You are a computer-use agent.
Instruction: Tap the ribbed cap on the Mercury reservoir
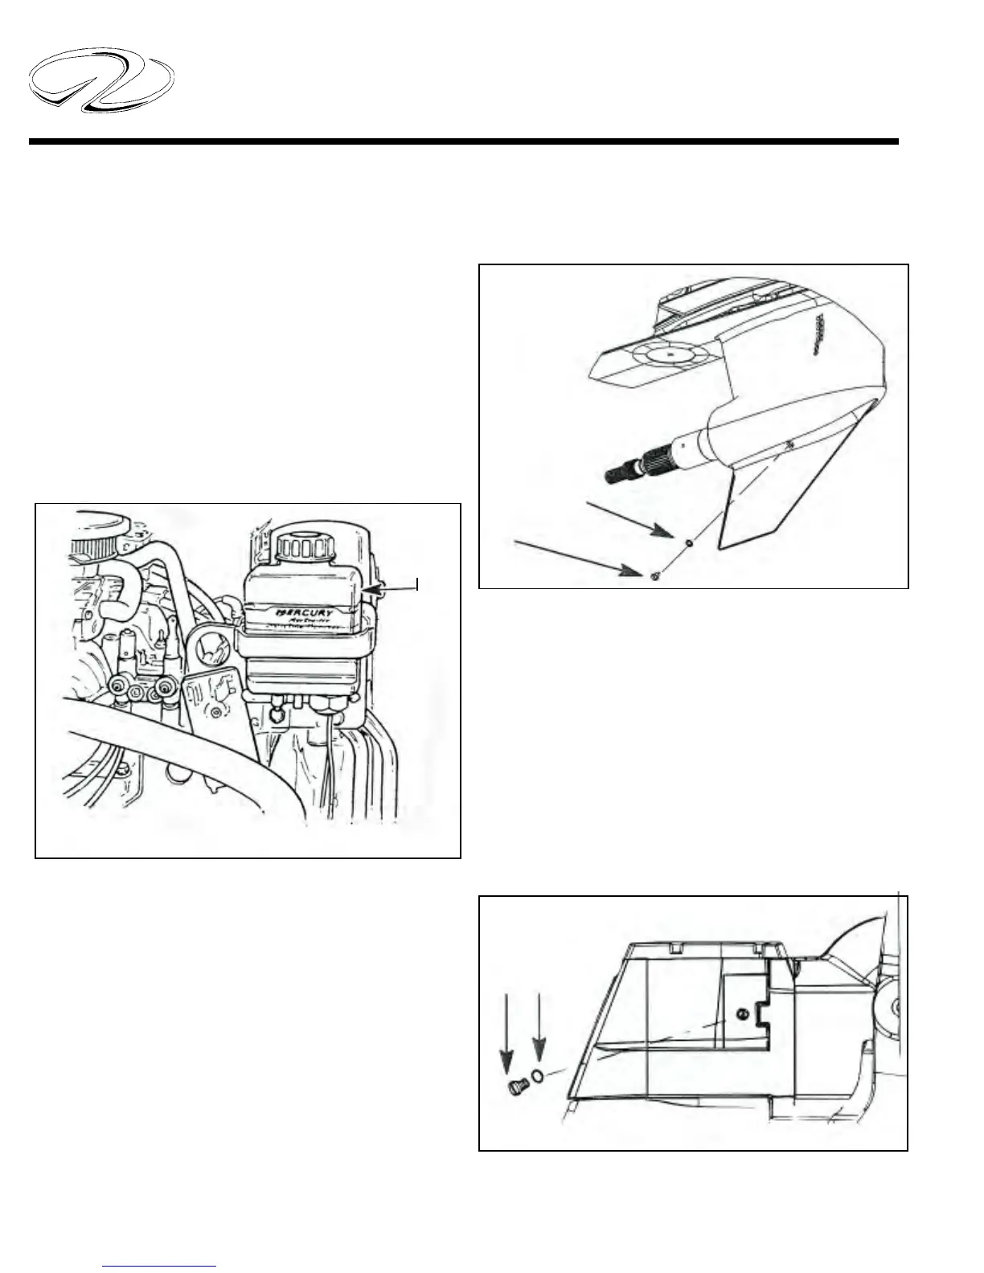(x=305, y=550)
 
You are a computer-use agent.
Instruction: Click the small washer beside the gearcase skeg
(x=689, y=543)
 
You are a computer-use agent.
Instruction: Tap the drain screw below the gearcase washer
(x=656, y=576)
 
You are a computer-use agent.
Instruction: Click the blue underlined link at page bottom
(x=160, y=1264)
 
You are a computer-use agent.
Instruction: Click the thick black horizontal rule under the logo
(x=463, y=141)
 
